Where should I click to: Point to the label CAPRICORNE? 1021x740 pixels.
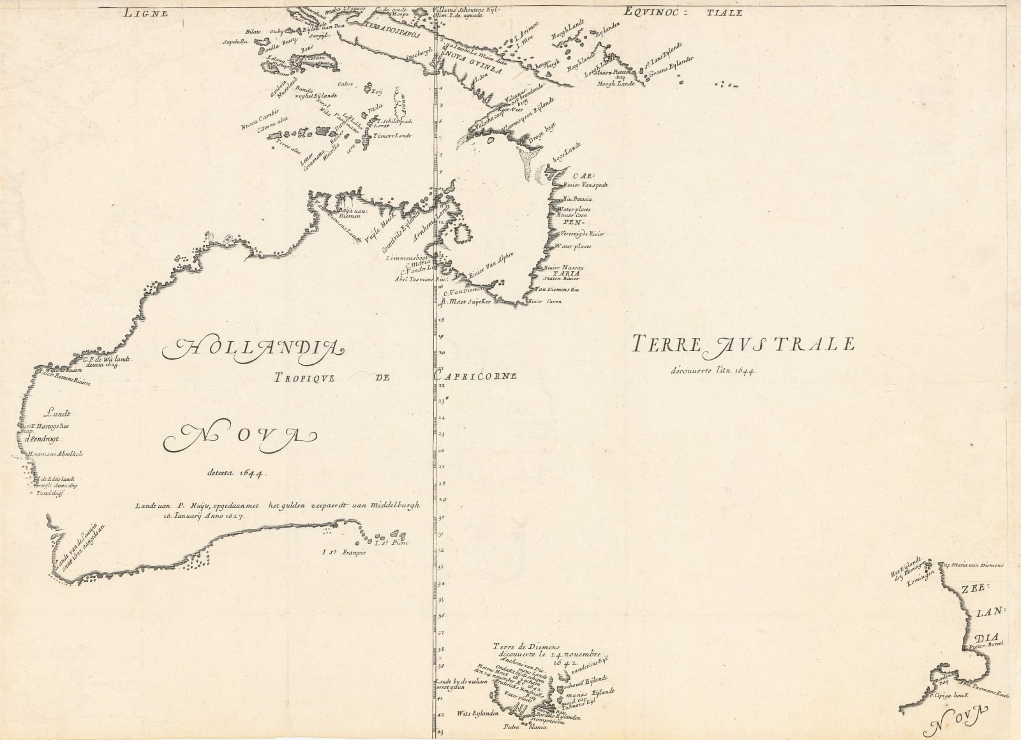tap(475, 376)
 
